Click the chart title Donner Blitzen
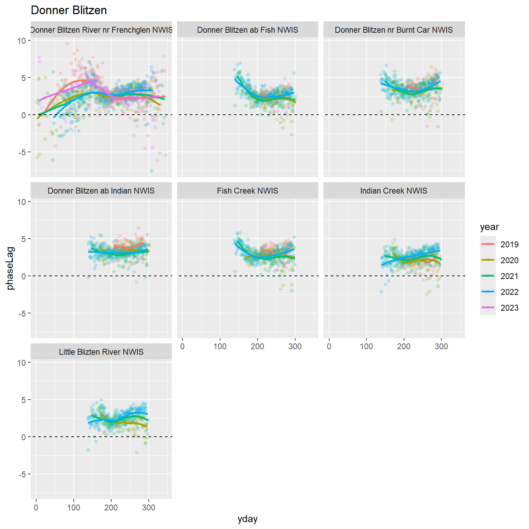pyautogui.click(x=69, y=10)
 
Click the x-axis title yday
pyautogui.click(x=247, y=519)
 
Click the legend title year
pyautogui.click(x=489, y=227)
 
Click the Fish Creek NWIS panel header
pyautogui.click(x=247, y=191)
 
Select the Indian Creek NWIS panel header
pyautogui.click(x=394, y=191)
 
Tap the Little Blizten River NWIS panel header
pyautogui.click(x=101, y=352)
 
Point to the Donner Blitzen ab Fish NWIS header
pyautogui.click(x=247, y=30)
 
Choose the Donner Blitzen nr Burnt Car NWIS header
pyautogui.click(x=394, y=30)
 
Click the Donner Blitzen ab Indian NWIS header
pyautogui.click(x=101, y=191)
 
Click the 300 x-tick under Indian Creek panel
pyautogui.click(x=441, y=346)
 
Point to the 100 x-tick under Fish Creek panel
pyautogui.click(x=220, y=346)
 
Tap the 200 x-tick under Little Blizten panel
pyautogui.click(x=111, y=508)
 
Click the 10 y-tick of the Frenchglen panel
pyautogui.click(x=21, y=41)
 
